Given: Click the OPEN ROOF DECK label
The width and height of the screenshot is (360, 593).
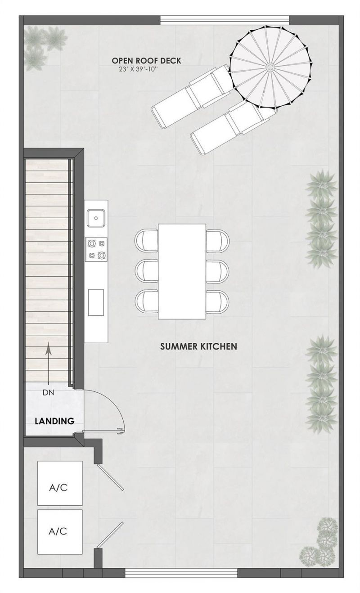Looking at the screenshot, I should [x=146, y=61].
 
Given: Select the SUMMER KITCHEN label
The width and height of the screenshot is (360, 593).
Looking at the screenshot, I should [x=198, y=346].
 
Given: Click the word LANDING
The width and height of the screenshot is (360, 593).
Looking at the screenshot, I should [x=54, y=422].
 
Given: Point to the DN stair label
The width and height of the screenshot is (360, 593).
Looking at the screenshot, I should [x=48, y=392].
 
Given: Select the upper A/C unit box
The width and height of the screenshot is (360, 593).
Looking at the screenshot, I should [x=60, y=483].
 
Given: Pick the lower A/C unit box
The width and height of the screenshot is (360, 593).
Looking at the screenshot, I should [x=60, y=531].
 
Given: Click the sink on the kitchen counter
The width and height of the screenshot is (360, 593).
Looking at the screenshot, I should [x=96, y=218].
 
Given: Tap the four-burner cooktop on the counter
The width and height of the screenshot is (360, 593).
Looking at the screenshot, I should [x=97, y=249].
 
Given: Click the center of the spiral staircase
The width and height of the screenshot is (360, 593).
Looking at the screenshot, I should [x=270, y=67].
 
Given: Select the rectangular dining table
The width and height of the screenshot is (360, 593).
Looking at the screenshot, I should [x=182, y=271].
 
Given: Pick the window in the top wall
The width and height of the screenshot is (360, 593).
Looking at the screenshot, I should [x=225, y=20].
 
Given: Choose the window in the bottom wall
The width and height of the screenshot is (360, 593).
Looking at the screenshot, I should [x=181, y=573].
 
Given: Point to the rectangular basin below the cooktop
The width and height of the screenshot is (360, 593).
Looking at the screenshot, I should [x=95, y=302].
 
